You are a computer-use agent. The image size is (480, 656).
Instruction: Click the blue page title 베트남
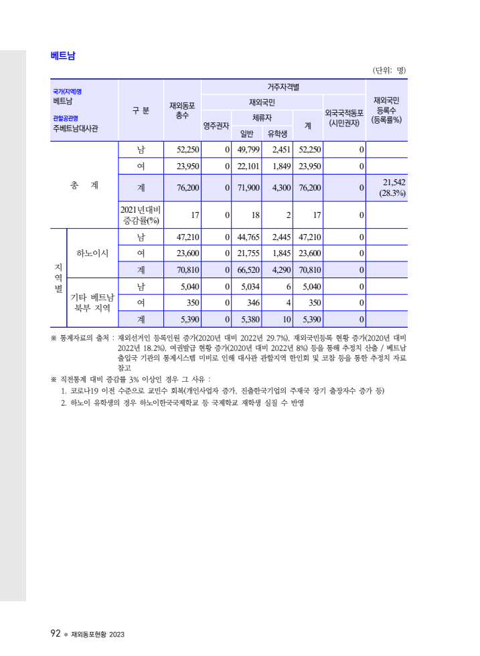[x=62, y=56]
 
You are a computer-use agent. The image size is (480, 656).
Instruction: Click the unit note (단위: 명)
[x=390, y=70]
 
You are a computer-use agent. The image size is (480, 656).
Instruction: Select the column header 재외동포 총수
[x=182, y=110]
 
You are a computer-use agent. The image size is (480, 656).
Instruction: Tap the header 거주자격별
[x=283, y=86]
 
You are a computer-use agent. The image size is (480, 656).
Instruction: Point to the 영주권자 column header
[x=217, y=125]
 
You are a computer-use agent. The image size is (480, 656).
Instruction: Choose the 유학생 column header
[x=278, y=133]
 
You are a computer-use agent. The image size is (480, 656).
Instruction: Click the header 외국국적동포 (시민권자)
[x=344, y=118]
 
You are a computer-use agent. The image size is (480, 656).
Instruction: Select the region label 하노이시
[x=92, y=253]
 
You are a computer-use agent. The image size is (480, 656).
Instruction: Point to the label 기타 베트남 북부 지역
[x=92, y=302]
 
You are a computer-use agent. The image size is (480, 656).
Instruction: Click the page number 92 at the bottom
[x=56, y=633]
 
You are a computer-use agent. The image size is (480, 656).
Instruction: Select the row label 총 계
[x=84, y=185]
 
